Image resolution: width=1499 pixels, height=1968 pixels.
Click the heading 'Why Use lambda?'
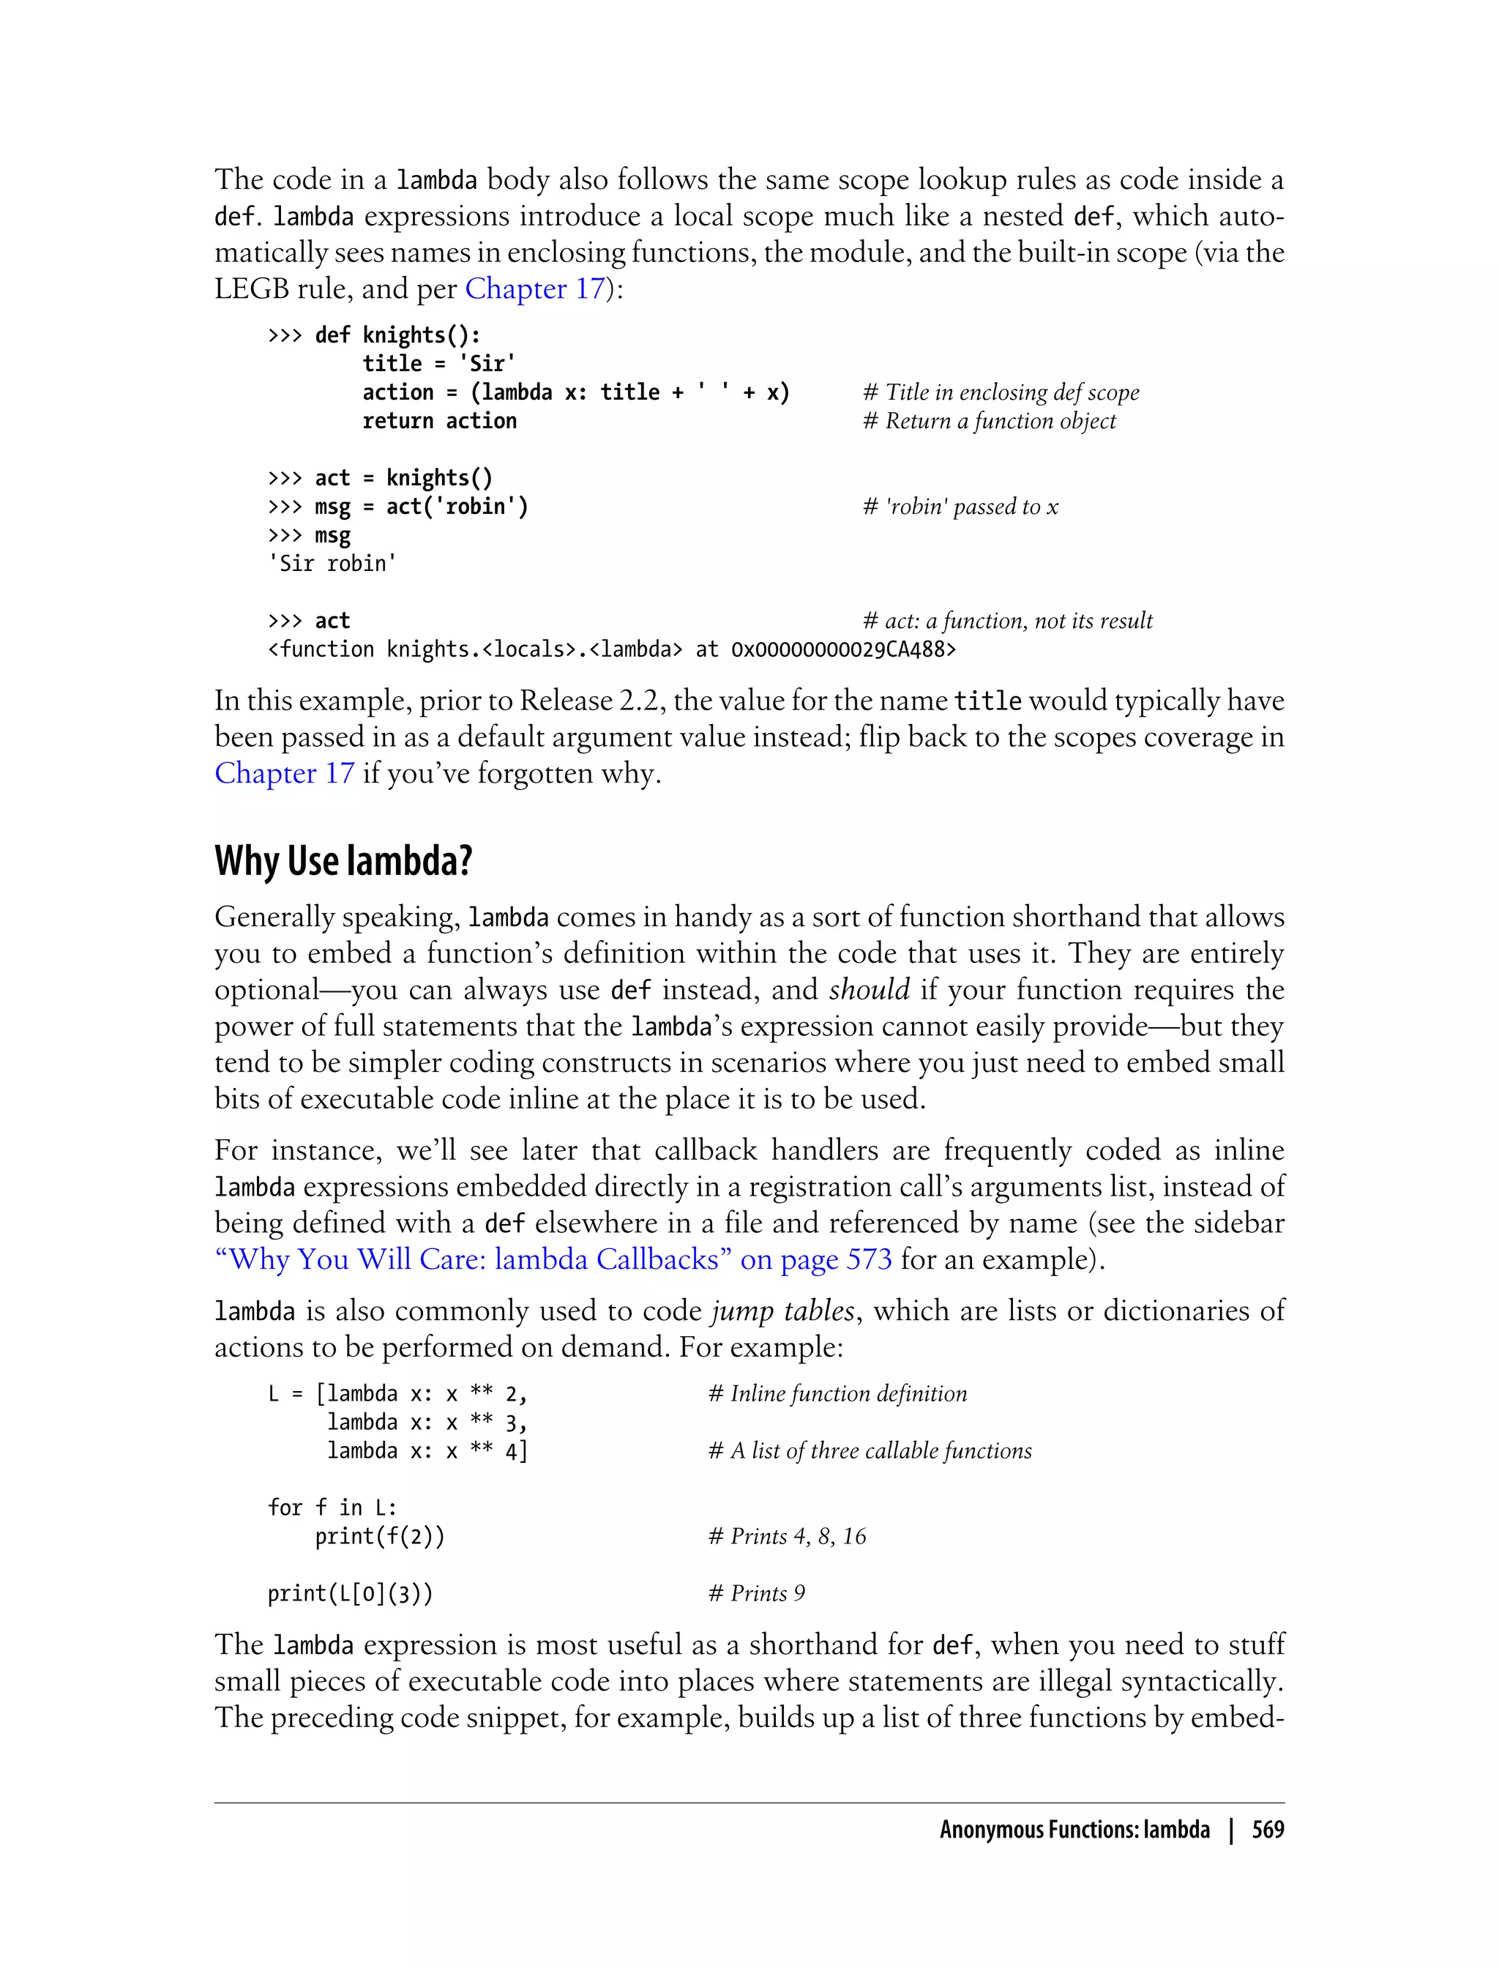[343, 861]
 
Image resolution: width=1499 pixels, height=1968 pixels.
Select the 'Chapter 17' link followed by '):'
[534, 288]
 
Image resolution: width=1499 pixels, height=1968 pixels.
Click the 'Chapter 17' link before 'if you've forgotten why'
[285, 773]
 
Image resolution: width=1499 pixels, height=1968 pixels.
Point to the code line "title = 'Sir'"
[439, 363]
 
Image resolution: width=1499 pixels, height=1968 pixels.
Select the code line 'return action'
[439, 420]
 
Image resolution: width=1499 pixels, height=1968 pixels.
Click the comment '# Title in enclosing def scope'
[1001, 392]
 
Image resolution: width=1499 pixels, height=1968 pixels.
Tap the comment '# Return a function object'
[989, 420]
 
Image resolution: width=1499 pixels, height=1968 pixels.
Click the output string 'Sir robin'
[332, 563]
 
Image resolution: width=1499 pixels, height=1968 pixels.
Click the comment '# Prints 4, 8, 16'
[787, 1536]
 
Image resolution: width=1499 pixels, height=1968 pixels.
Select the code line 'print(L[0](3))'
[350, 1593]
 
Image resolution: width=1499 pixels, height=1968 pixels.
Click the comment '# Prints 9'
[757, 1593]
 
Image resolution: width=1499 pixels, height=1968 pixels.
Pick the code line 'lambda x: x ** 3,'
[427, 1422]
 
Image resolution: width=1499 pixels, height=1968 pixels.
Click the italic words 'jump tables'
[782, 1311]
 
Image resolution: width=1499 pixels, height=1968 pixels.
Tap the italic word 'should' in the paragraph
[869, 990]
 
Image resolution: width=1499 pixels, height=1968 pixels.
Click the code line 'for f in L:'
[332, 1507]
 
